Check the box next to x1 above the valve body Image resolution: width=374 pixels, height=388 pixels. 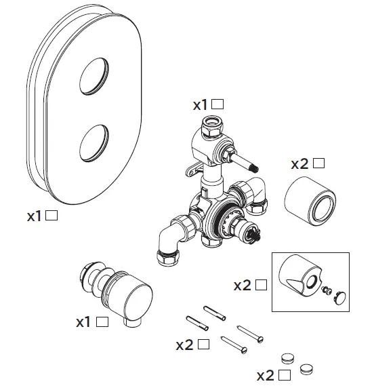point(217,104)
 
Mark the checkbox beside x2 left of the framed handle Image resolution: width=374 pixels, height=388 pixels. point(262,285)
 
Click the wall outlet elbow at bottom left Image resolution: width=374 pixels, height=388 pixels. point(117,292)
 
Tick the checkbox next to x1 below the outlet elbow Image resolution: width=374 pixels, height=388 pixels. point(102,322)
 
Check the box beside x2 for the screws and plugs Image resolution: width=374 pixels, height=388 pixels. point(203,345)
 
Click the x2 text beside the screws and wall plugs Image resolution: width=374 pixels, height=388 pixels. point(184,345)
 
